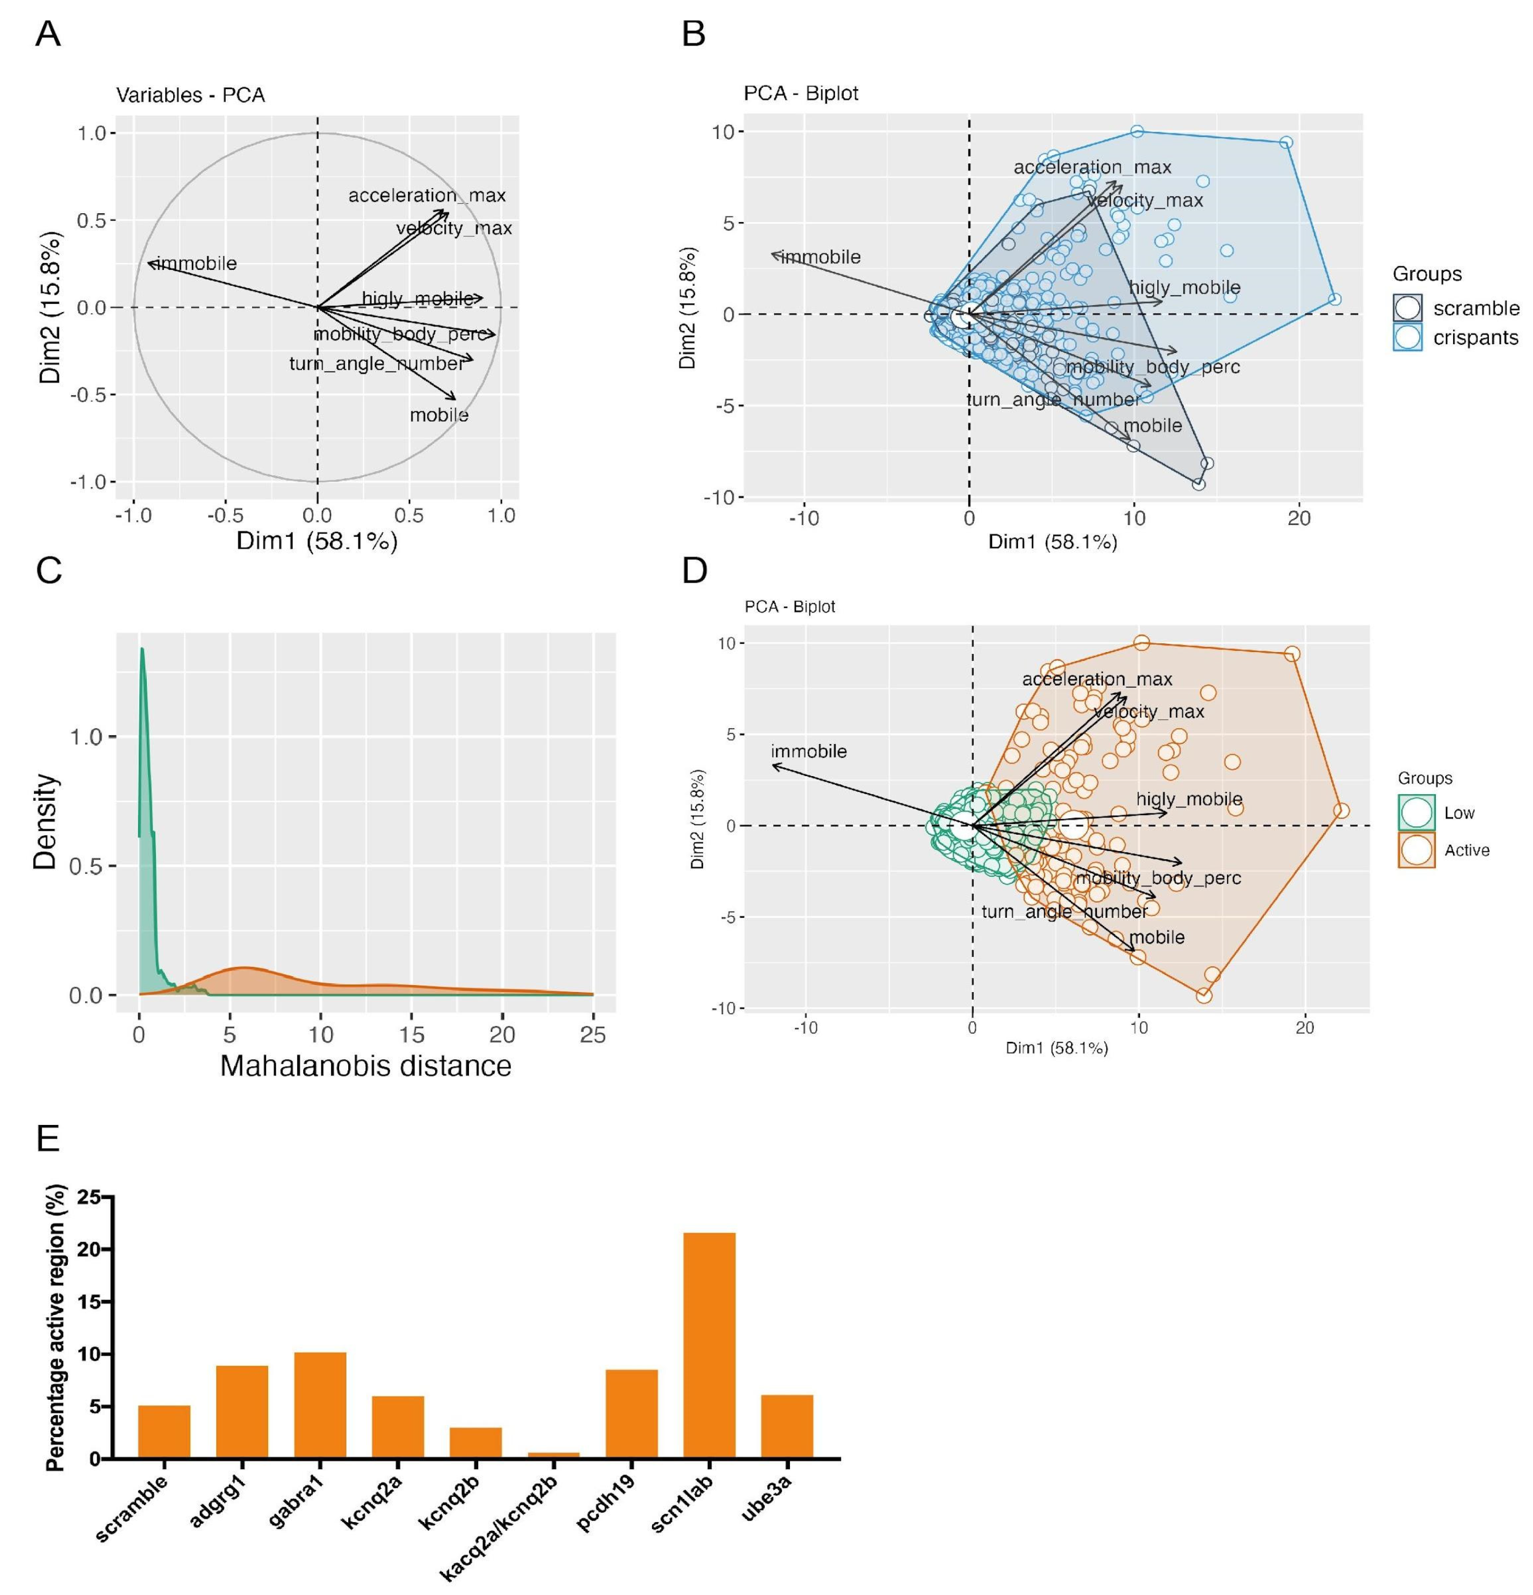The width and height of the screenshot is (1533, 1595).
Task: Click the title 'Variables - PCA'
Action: (190, 95)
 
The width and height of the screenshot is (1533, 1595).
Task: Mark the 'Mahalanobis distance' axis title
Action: (365, 1065)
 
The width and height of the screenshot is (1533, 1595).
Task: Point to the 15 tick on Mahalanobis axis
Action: (412, 1034)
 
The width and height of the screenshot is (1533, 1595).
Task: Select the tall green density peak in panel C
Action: (143, 651)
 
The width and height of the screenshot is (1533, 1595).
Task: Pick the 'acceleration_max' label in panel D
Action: (1097, 679)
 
